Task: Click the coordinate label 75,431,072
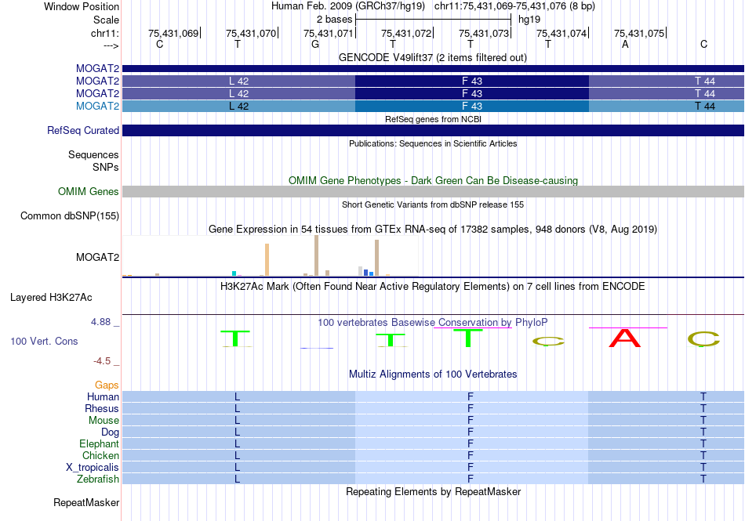(x=406, y=33)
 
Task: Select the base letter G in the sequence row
(x=315, y=44)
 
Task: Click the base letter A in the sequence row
(x=625, y=44)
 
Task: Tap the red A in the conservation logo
(x=625, y=338)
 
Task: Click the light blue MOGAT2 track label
(x=97, y=106)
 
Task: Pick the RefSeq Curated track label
(x=83, y=131)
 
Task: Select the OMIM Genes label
(x=89, y=192)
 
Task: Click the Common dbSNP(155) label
(x=70, y=216)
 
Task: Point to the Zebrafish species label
(x=98, y=479)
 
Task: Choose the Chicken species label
(x=100, y=455)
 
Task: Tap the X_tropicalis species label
(x=93, y=468)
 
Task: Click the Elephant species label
(x=99, y=443)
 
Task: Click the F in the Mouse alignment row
(x=471, y=421)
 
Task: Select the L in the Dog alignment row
(x=237, y=432)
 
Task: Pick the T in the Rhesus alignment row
(x=703, y=408)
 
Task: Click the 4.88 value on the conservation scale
(x=100, y=322)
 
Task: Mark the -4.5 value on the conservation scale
(x=102, y=361)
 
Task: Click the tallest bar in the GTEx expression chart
(x=317, y=255)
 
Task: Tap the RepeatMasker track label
(x=86, y=502)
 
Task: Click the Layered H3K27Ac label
(x=51, y=298)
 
